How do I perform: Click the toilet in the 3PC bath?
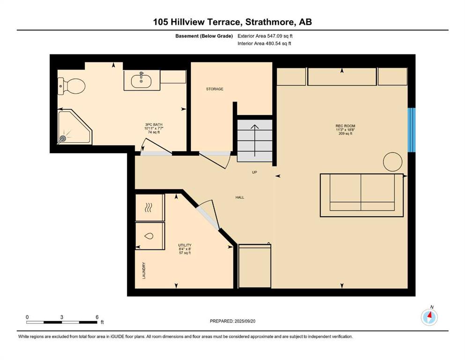[71, 86]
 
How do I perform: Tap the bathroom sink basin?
[141, 81]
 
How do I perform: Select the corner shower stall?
[74, 127]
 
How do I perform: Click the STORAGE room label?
[215, 89]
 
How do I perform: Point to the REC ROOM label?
[345, 126]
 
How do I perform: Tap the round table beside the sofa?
[392, 162]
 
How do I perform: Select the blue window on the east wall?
[412, 130]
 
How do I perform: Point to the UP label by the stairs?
[254, 172]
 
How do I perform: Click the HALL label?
[240, 197]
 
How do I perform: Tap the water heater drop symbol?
[149, 236]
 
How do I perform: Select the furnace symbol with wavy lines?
[148, 208]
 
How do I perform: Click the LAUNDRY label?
[144, 270]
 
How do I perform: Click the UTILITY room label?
[185, 246]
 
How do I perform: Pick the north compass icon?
[429, 317]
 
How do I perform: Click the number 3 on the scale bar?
[62, 317]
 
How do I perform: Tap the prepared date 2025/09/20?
[245, 321]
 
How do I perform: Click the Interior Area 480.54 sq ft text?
[264, 43]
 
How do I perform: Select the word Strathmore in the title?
[271, 22]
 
